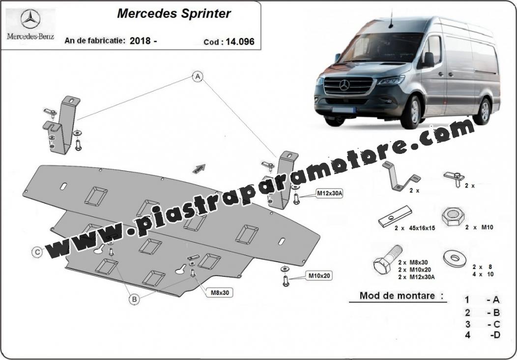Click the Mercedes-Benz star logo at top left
point(30,19)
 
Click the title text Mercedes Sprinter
point(174,14)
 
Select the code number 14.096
point(240,42)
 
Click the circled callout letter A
point(198,77)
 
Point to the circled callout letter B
point(134,300)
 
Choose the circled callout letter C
point(37,252)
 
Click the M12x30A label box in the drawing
point(330,194)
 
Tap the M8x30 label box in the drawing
point(220,292)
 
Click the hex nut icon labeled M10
point(453,216)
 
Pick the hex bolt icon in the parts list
point(388,259)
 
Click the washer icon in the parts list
point(455,258)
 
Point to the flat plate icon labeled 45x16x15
point(395,216)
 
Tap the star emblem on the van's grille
point(344,85)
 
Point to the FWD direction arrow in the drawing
point(199,169)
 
